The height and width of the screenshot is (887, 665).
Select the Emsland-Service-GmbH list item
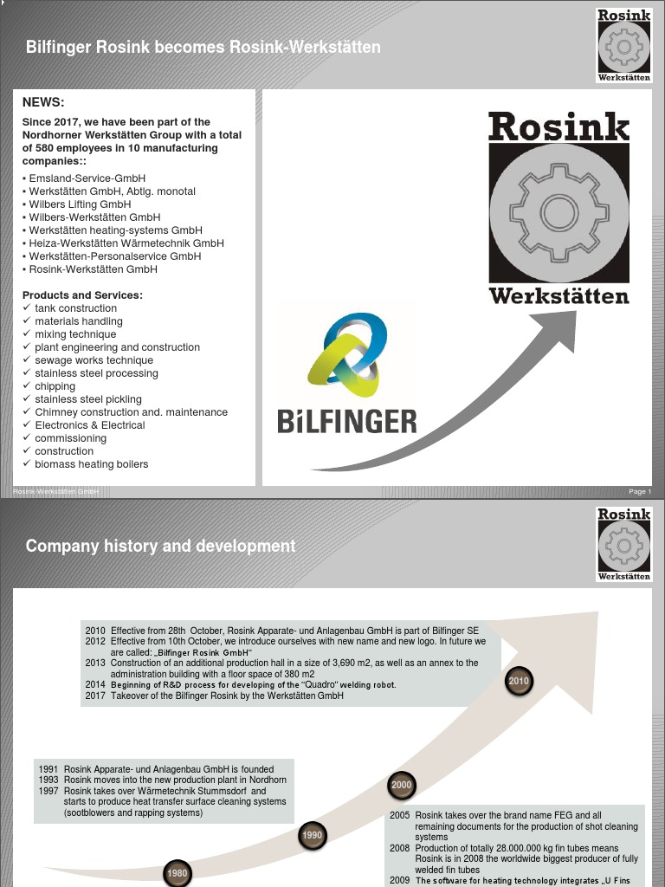87,178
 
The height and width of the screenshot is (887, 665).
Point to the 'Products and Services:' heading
82,295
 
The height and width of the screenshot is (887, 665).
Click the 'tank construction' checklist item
75,308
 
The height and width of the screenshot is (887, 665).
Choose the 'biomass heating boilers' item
91,464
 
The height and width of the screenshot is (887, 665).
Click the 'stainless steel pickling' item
87,399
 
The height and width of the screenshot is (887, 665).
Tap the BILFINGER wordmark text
347,422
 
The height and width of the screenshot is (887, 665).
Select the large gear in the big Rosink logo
559,212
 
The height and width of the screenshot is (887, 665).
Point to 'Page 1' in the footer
640,492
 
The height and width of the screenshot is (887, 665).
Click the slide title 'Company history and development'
160,546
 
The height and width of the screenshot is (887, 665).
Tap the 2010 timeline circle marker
519,682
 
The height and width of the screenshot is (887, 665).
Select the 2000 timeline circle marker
402,786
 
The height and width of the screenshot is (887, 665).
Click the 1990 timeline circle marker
313,836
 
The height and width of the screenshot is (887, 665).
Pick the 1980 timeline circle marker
178,872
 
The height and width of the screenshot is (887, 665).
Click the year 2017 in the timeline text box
94,696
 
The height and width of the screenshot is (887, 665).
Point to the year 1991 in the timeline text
49,769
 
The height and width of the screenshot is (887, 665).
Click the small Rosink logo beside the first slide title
623,45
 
